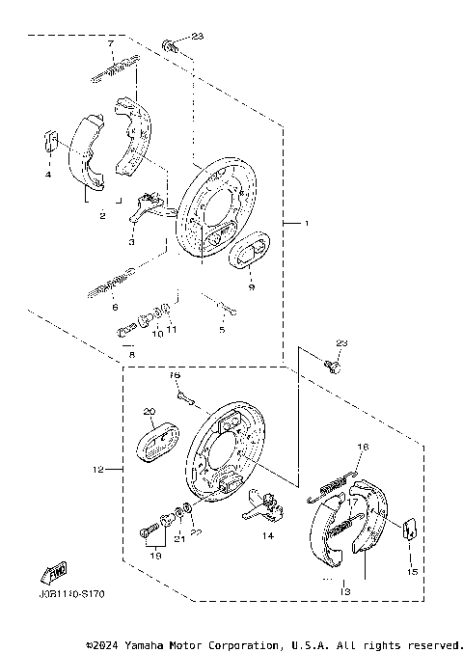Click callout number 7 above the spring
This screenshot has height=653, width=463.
[111, 44]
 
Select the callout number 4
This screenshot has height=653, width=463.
[45, 175]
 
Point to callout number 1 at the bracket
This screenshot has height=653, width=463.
[307, 224]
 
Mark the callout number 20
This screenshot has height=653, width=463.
[150, 412]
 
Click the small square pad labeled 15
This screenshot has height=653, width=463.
[408, 528]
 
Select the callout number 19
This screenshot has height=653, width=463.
[154, 556]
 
